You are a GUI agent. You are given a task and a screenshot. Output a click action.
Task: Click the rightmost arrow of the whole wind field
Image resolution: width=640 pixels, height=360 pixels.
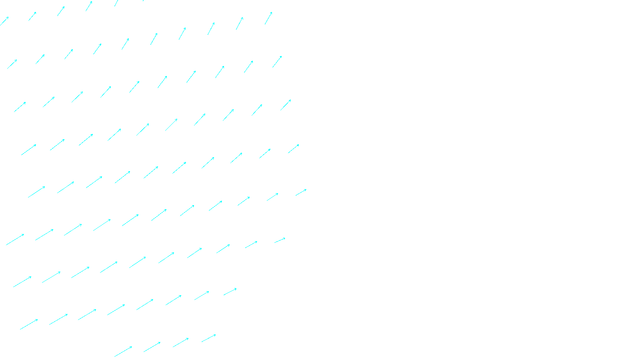coord(301,192)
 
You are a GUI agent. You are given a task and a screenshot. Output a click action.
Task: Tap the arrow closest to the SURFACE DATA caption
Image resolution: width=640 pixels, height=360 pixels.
coord(208,338)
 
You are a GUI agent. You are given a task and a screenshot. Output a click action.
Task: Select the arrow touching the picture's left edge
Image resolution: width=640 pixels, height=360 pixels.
coord(4,21)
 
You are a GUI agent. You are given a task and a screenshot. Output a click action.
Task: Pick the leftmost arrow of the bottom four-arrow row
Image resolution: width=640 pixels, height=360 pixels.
coord(123,352)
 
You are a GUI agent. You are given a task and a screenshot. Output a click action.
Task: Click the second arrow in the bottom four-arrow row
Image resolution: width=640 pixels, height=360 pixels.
coord(152,347)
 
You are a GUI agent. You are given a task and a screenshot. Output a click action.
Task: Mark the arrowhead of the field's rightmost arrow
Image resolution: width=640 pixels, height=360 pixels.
coord(306,190)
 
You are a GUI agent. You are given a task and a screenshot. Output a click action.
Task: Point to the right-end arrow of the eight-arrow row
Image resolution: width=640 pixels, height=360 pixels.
coord(230,292)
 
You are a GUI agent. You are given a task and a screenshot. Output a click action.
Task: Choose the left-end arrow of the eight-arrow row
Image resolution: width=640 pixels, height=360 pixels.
coord(29,324)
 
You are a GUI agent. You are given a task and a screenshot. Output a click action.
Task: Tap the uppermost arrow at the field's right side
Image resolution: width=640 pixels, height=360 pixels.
coord(268,18)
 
